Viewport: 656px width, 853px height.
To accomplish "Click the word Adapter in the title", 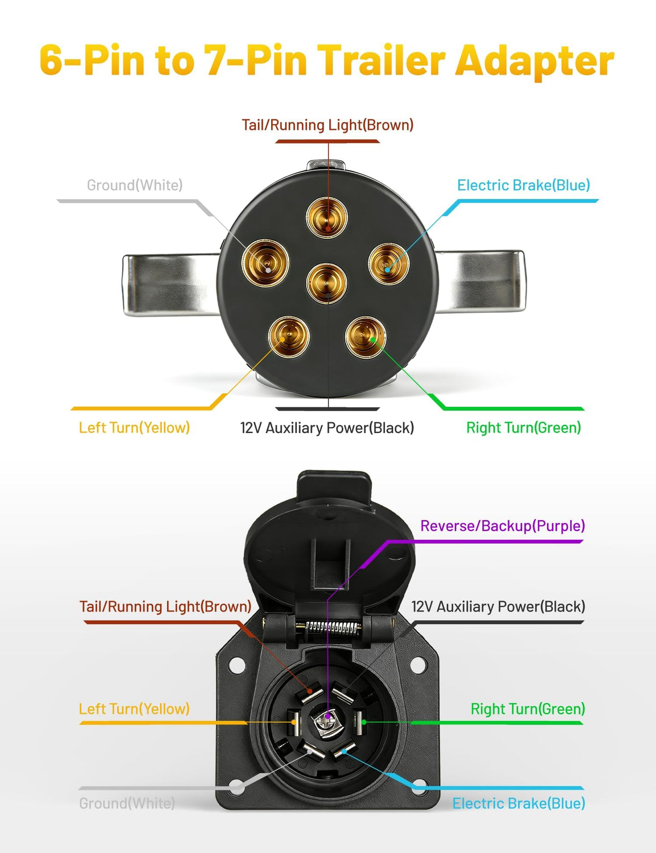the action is [535, 61].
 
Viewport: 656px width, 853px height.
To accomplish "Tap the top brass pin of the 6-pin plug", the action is [327, 217].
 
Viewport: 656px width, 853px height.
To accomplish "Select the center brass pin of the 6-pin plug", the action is [326, 283].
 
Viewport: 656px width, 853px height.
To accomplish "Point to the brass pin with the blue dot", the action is [389, 264].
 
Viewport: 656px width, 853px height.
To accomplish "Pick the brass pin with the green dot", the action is [365, 337].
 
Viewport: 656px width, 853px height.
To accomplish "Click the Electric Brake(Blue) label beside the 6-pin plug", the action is [523, 185].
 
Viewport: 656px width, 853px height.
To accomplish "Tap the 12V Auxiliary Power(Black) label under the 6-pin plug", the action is [327, 428].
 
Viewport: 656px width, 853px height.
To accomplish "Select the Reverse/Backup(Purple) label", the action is [502, 525].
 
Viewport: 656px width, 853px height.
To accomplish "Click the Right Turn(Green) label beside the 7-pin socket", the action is [528, 709].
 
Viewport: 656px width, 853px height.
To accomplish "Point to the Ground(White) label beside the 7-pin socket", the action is [127, 803].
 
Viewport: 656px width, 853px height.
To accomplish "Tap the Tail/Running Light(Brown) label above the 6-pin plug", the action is [327, 125].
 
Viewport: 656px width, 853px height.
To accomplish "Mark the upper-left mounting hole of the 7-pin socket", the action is [237, 664].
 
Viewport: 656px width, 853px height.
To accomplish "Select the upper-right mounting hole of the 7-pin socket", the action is [418, 664].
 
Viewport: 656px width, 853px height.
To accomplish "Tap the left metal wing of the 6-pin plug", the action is [171, 284].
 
